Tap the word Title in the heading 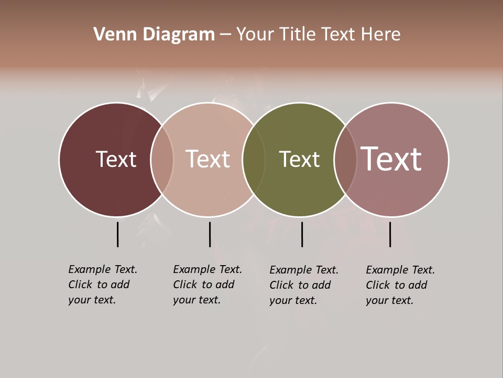click(299, 35)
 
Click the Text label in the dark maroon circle click(116, 159)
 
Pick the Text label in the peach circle click(208, 159)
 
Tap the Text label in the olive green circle click(299, 159)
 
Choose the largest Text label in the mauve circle click(391, 159)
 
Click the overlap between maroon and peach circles click(162, 160)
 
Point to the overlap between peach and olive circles click(254, 160)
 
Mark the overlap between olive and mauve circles click(345, 160)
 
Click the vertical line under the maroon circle click(118, 234)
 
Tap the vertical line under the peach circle click(210, 234)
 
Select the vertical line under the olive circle click(302, 234)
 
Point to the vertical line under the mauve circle click(390, 234)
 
